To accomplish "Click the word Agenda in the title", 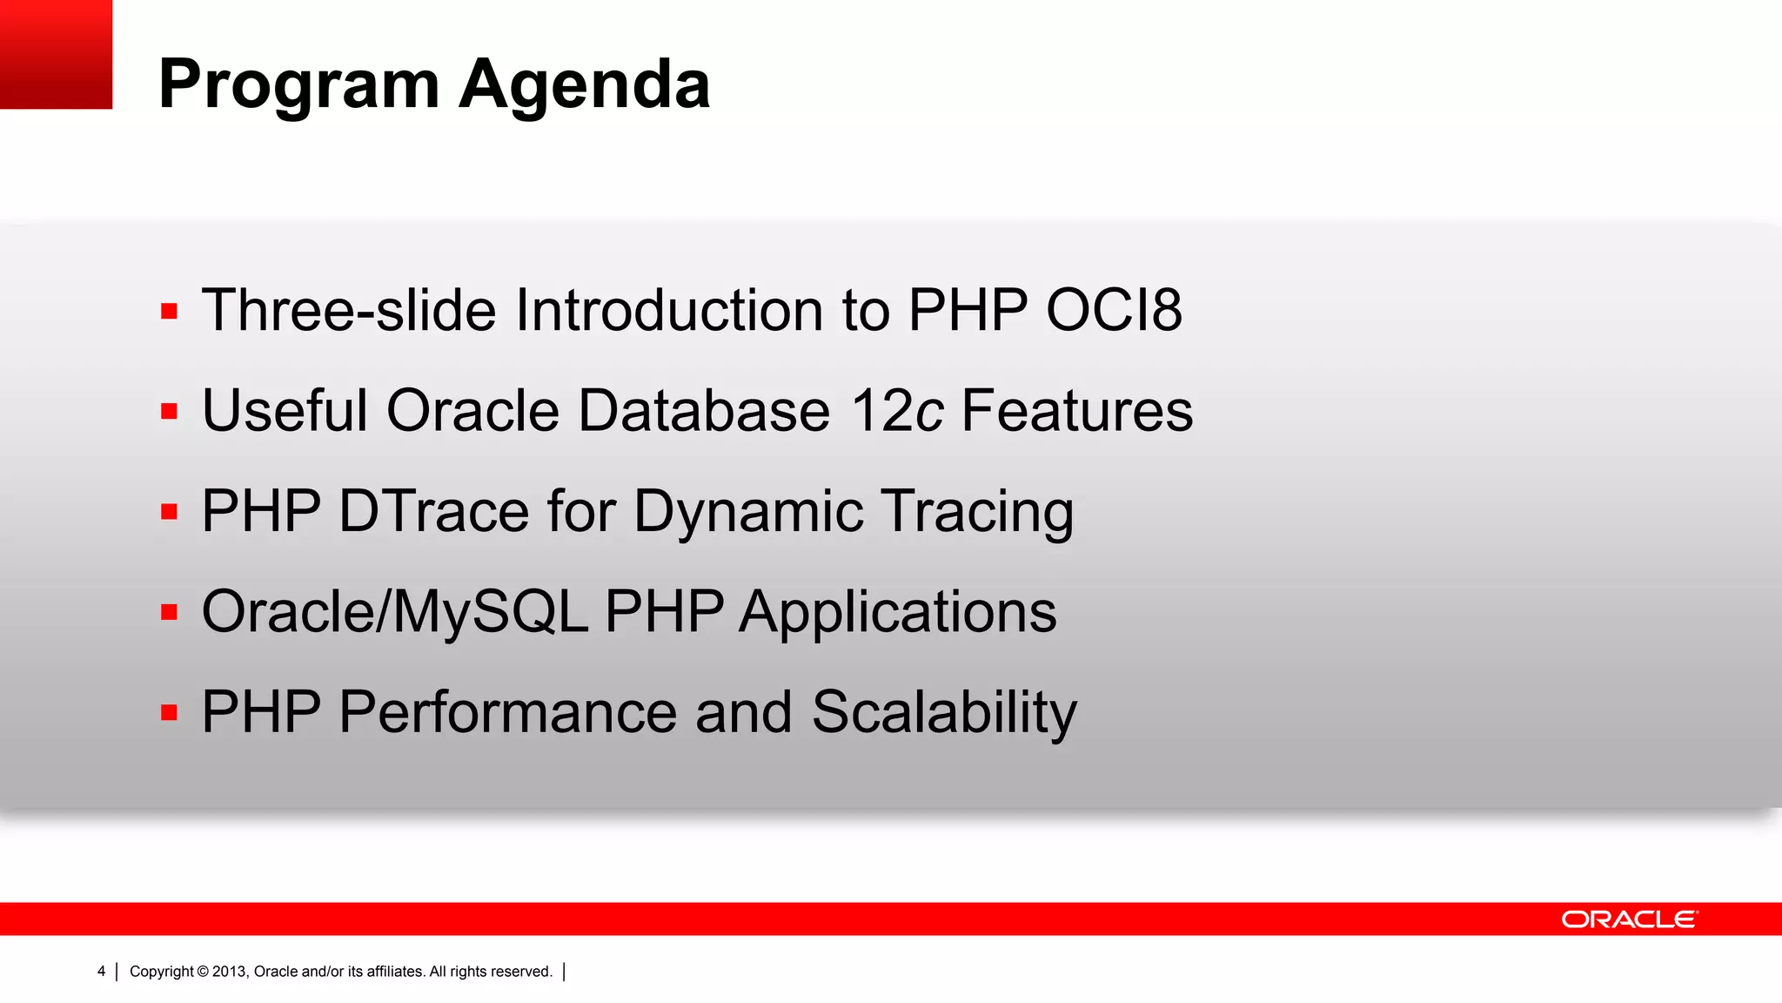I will pyautogui.click(x=584, y=85).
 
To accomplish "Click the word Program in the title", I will pyautogui.click(x=299, y=85).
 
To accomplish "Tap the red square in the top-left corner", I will pyautogui.click(x=56, y=54).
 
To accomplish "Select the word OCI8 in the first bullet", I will pyautogui.click(x=1114, y=311).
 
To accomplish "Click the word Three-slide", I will pyautogui.click(x=349, y=311).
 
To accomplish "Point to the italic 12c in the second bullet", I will pyautogui.click(x=897, y=411).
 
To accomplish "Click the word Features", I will pyautogui.click(x=1076, y=411).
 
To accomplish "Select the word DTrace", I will pyautogui.click(x=433, y=511).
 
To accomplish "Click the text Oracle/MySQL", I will pyautogui.click(x=395, y=611).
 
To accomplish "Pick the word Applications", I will pyautogui.click(x=898, y=611).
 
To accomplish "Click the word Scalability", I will pyautogui.click(x=944, y=712).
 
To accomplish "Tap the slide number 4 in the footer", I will pyautogui.click(x=101, y=972).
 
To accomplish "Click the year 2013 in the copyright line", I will pyautogui.click(x=230, y=972).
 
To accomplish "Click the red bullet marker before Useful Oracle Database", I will pyautogui.click(x=169, y=411).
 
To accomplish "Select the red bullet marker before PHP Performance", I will pyautogui.click(x=169, y=713).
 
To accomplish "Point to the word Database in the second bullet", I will pyautogui.click(x=704, y=411).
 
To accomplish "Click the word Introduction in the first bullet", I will pyautogui.click(x=669, y=311).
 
